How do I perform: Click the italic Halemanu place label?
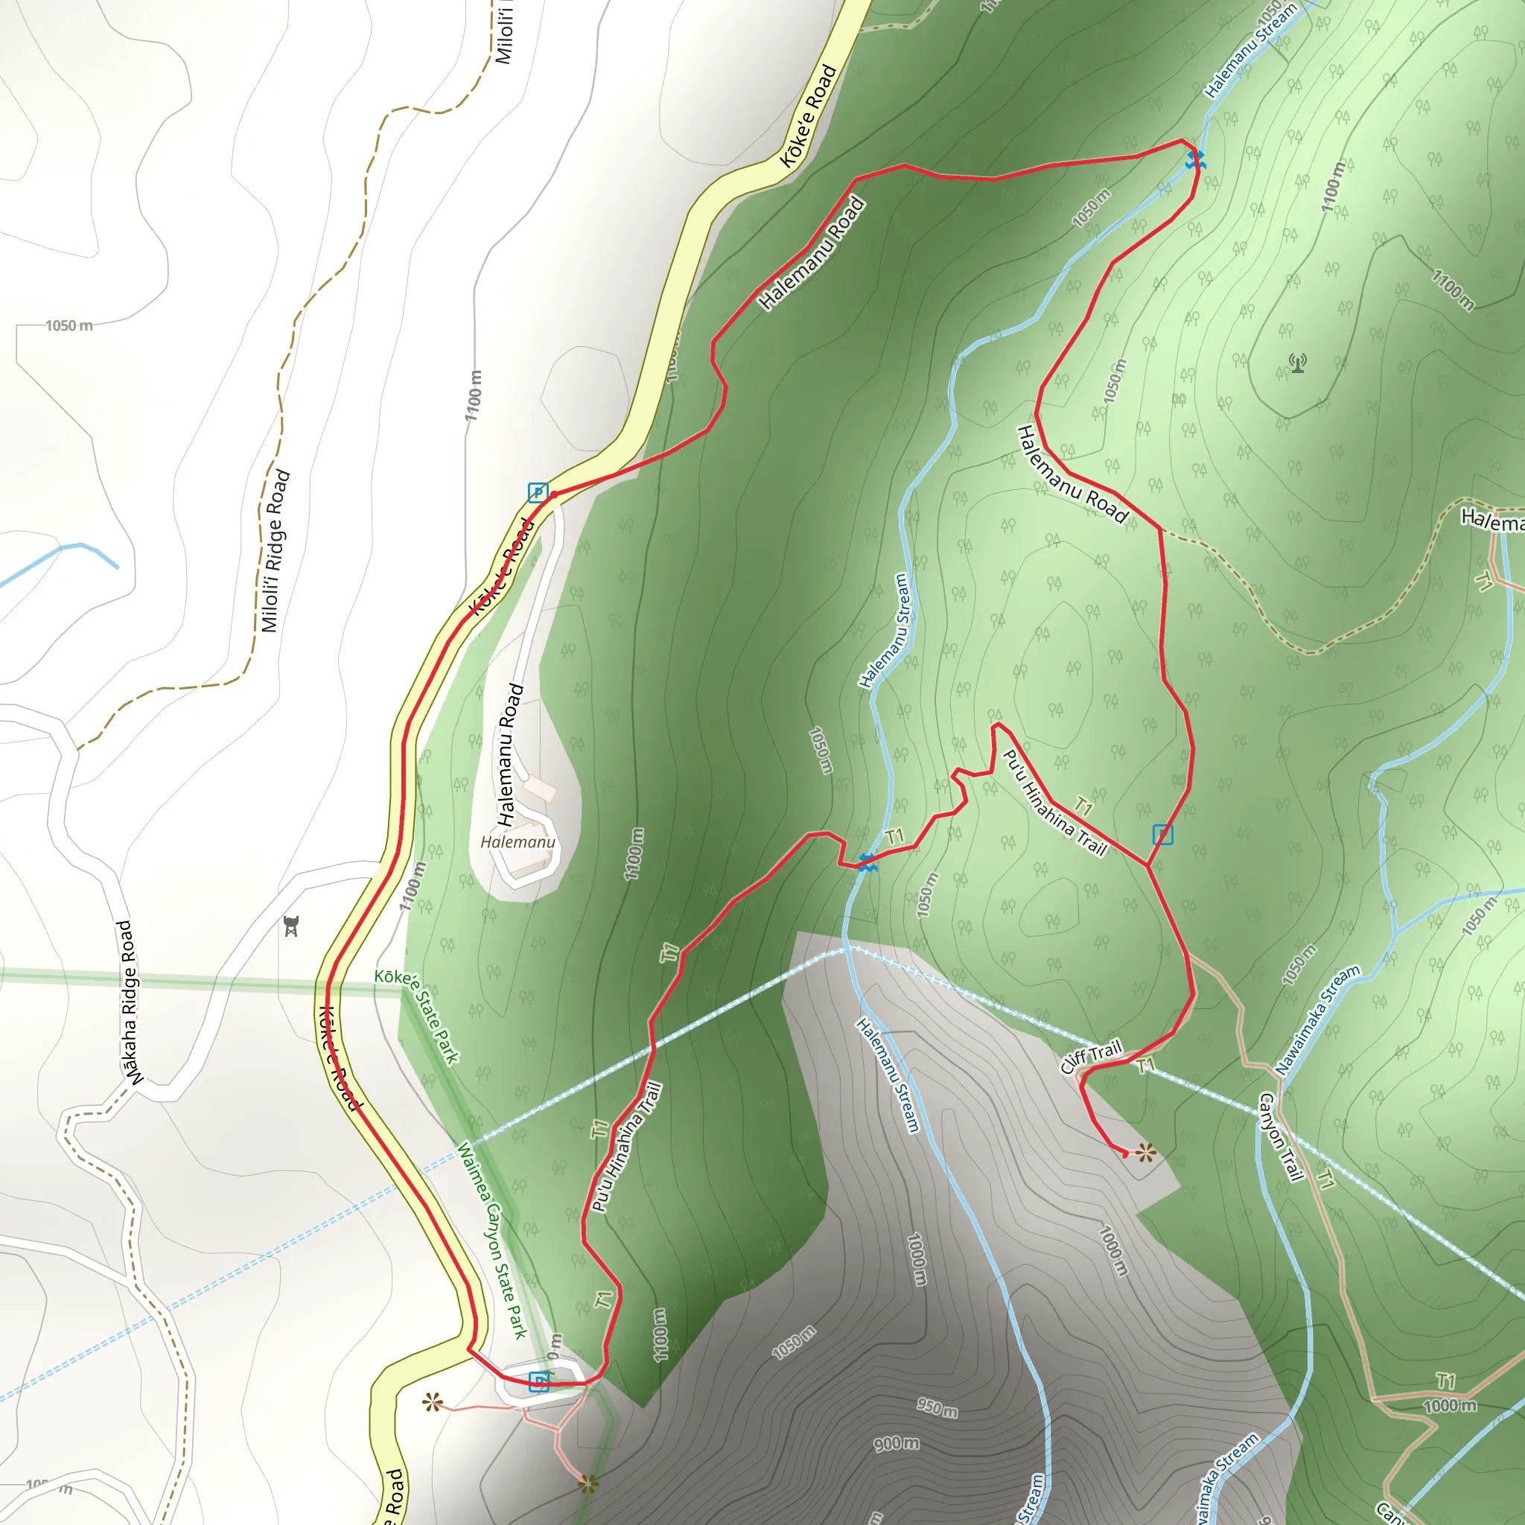pyautogui.click(x=517, y=842)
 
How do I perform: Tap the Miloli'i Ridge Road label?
pyautogui.click(x=276, y=551)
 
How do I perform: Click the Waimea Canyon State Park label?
pyautogui.click(x=491, y=1240)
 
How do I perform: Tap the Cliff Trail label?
pyautogui.click(x=1091, y=1057)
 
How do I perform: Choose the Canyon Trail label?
pyautogui.click(x=1279, y=1136)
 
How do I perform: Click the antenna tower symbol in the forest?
pyautogui.click(x=1298, y=363)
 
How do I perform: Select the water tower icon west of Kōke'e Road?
pyautogui.click(x=291, y=926)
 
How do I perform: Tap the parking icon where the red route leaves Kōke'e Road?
pyautogui.click(x=538, y=492)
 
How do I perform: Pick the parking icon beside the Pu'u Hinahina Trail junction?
pyautogui.click(x=1162, y=834)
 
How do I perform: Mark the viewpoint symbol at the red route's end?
pyautogui.click(x=1146, y=1154)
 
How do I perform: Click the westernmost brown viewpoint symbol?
pyautogui.click(x=432, y=1402)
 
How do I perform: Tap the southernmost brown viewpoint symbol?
pyautogui.click(x=588, y=1484)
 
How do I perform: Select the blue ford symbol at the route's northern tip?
pyautogui.click(x=1194, y=159)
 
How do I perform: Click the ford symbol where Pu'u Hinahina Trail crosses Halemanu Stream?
pyautogui.click(x=867, y=863)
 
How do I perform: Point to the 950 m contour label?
pyautogui.click(x=937, y=1407)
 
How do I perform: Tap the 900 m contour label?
pyautogui.click(x=896, y=1444)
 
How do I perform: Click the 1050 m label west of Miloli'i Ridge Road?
pyautogui.click(x=69, y=325)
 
